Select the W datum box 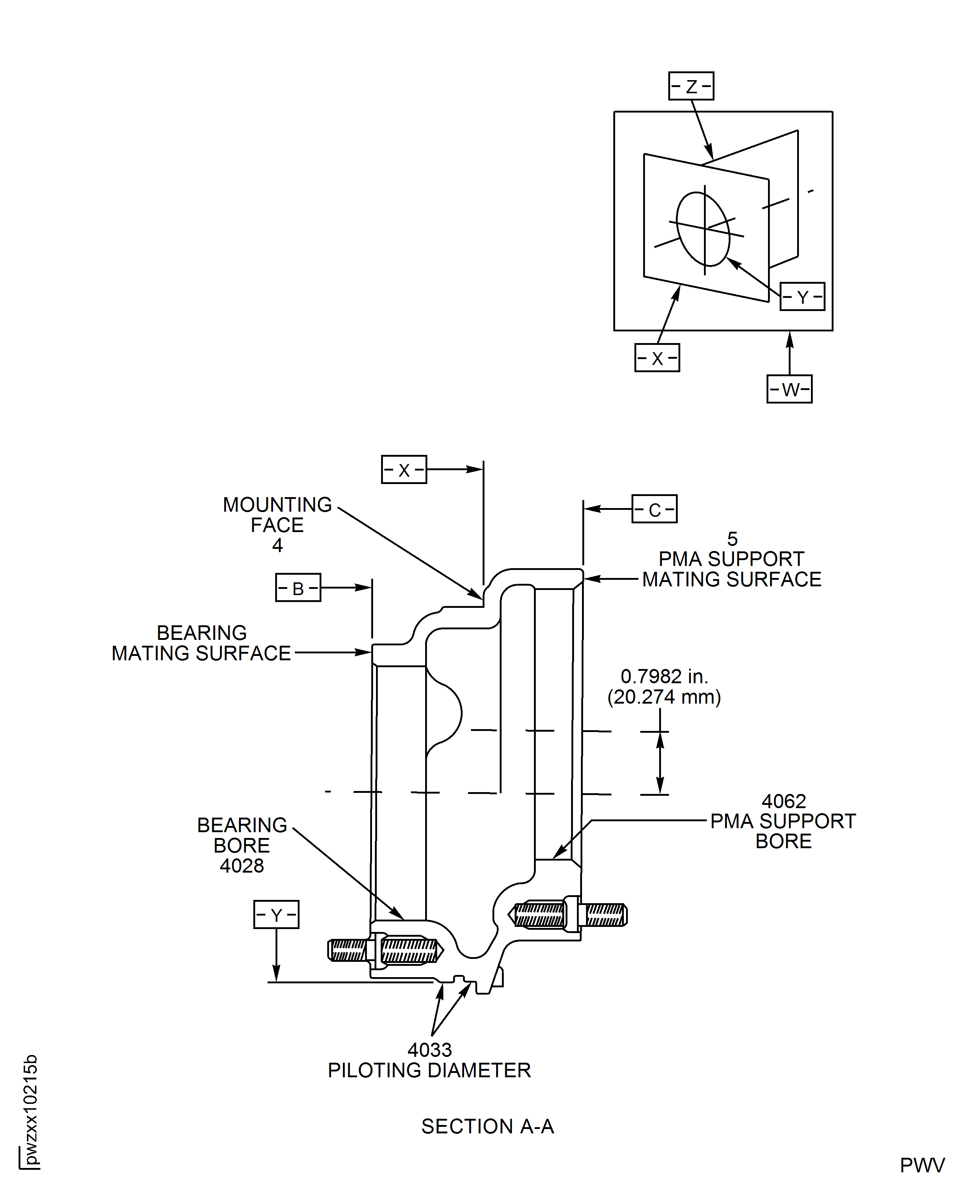tap(789, 389)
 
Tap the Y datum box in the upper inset tap(802, 296)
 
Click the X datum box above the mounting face tap(404, 469)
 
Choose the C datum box tap(654, 509)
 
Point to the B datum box tap(298, 588)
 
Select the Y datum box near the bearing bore tap(276, 915)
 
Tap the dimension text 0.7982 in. tap(664, 676)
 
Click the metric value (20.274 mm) tap(664, 697)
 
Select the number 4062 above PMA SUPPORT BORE tap(784, 801)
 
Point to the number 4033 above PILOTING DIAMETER tap(429, 1050)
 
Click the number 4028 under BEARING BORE tap(242, 865)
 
